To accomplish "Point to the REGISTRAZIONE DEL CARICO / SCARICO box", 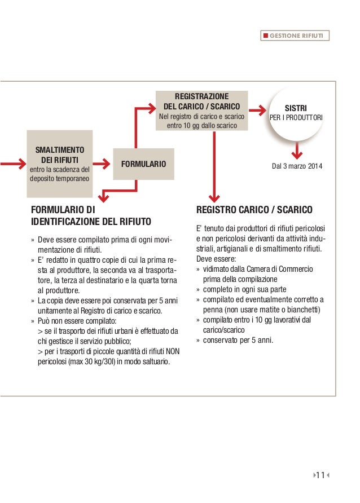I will coord(201,111).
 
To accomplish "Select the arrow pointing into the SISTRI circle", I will coord(258,111).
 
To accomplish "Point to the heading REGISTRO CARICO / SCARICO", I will coord(253,210).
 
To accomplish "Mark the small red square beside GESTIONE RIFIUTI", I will coord(265,36).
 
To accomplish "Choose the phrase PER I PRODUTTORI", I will coord(296,117).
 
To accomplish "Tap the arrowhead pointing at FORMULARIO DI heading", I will coord(102,196).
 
